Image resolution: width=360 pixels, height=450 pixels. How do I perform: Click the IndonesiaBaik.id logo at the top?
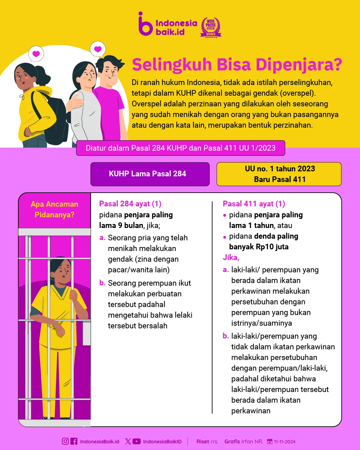click(168, 24)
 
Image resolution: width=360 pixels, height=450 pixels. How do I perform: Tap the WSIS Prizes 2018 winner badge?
click(211, 27)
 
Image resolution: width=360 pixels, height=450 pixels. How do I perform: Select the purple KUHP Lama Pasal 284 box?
click(150, 174)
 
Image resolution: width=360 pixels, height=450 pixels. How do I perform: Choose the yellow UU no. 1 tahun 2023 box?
click(279, 174)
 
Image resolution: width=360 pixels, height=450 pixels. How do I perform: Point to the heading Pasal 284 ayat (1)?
click(130, 204)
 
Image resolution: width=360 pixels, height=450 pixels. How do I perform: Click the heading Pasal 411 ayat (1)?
click(254, 204)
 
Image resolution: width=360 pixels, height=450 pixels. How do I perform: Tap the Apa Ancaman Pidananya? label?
click(54, 209)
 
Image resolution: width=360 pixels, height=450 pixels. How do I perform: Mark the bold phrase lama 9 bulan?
click(121, 225)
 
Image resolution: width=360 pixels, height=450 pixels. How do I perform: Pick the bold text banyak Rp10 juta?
click(259, 247)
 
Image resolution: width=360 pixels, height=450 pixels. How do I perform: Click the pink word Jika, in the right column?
click(231, 257)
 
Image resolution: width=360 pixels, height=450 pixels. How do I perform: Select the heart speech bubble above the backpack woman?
click(36, 54)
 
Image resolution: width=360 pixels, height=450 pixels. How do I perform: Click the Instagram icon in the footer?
click(65, 441)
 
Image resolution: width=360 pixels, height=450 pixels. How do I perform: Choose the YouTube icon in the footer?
click(137, 441)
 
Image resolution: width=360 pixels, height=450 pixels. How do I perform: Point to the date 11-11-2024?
click(284, 442)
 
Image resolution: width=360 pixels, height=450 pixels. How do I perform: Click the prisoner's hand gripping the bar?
click(73, 295)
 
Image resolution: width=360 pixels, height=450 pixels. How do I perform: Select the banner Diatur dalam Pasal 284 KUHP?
click(180, 148)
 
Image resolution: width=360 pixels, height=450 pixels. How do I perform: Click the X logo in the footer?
click(128, 441)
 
